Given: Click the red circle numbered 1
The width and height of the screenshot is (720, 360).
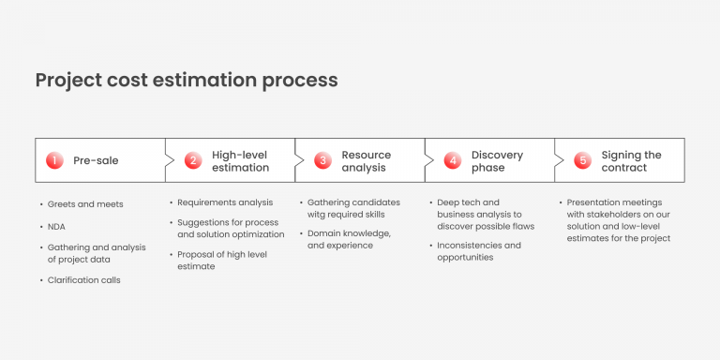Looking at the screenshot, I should [54, 160].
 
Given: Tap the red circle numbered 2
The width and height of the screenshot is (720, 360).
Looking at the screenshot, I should [193, 160].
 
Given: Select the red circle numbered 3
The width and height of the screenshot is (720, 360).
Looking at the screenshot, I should [322, 160].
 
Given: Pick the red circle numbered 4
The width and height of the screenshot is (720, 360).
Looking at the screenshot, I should [453, 160].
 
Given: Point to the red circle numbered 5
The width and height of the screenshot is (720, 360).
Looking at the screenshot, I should [583, 160].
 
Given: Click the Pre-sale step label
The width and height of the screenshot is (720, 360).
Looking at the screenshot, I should [96, 160].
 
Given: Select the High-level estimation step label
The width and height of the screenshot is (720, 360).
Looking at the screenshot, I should [240, 161].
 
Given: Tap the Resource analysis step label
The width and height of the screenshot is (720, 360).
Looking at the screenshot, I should [366, 161].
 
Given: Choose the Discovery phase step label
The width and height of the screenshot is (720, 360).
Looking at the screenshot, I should [496, 161].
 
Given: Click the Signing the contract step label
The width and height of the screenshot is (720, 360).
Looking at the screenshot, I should [631, 161].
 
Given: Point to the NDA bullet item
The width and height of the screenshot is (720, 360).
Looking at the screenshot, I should [56, 226].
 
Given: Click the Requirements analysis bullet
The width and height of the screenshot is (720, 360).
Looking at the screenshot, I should [225, 202].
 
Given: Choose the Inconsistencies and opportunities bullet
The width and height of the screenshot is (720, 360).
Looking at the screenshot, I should [479, 251].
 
